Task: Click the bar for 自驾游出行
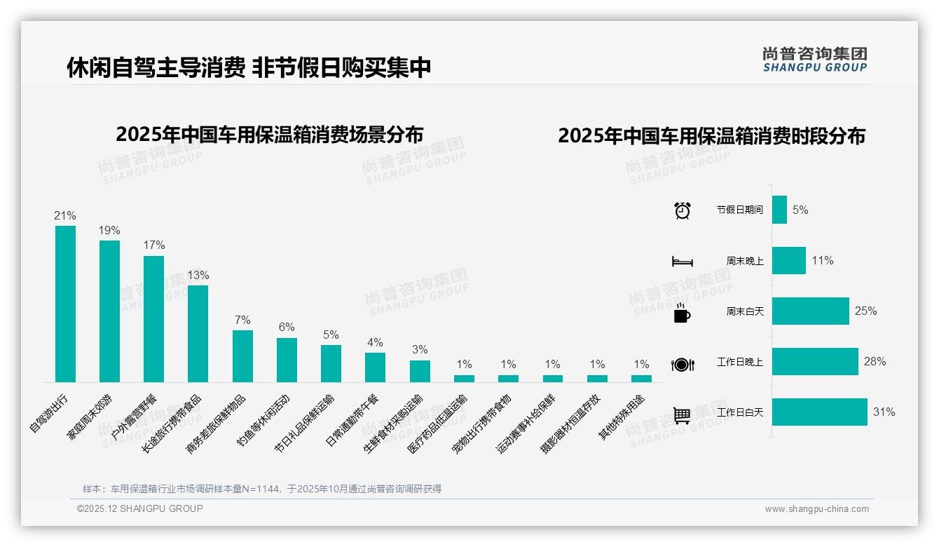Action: (x=65, y=304)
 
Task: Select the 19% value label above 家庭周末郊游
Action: (x=109, y=230)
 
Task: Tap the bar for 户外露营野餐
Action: (x=153, y=318)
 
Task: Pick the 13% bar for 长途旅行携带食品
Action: (x=198, y=333)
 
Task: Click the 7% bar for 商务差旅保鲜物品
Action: (x=242, y=356)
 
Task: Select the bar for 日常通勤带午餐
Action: (x=375, y=367)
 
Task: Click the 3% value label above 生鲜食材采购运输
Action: (x=420, y=349)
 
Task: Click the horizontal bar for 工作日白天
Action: (x=819, y=412)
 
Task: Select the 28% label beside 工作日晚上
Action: (x=875, y=362)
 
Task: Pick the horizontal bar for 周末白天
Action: (x=810, y=311)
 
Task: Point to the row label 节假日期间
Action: (x=739, y=210)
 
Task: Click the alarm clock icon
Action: (x=682, y=210)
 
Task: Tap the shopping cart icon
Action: (x=682, y=415)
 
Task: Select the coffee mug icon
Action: (x=682, y=313)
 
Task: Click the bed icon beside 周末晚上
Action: (x=682, y=262)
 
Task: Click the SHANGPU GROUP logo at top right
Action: (x=814, y=60)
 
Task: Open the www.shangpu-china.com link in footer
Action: (x=816, y=509)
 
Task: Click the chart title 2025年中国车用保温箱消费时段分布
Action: (x=711, y=135)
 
